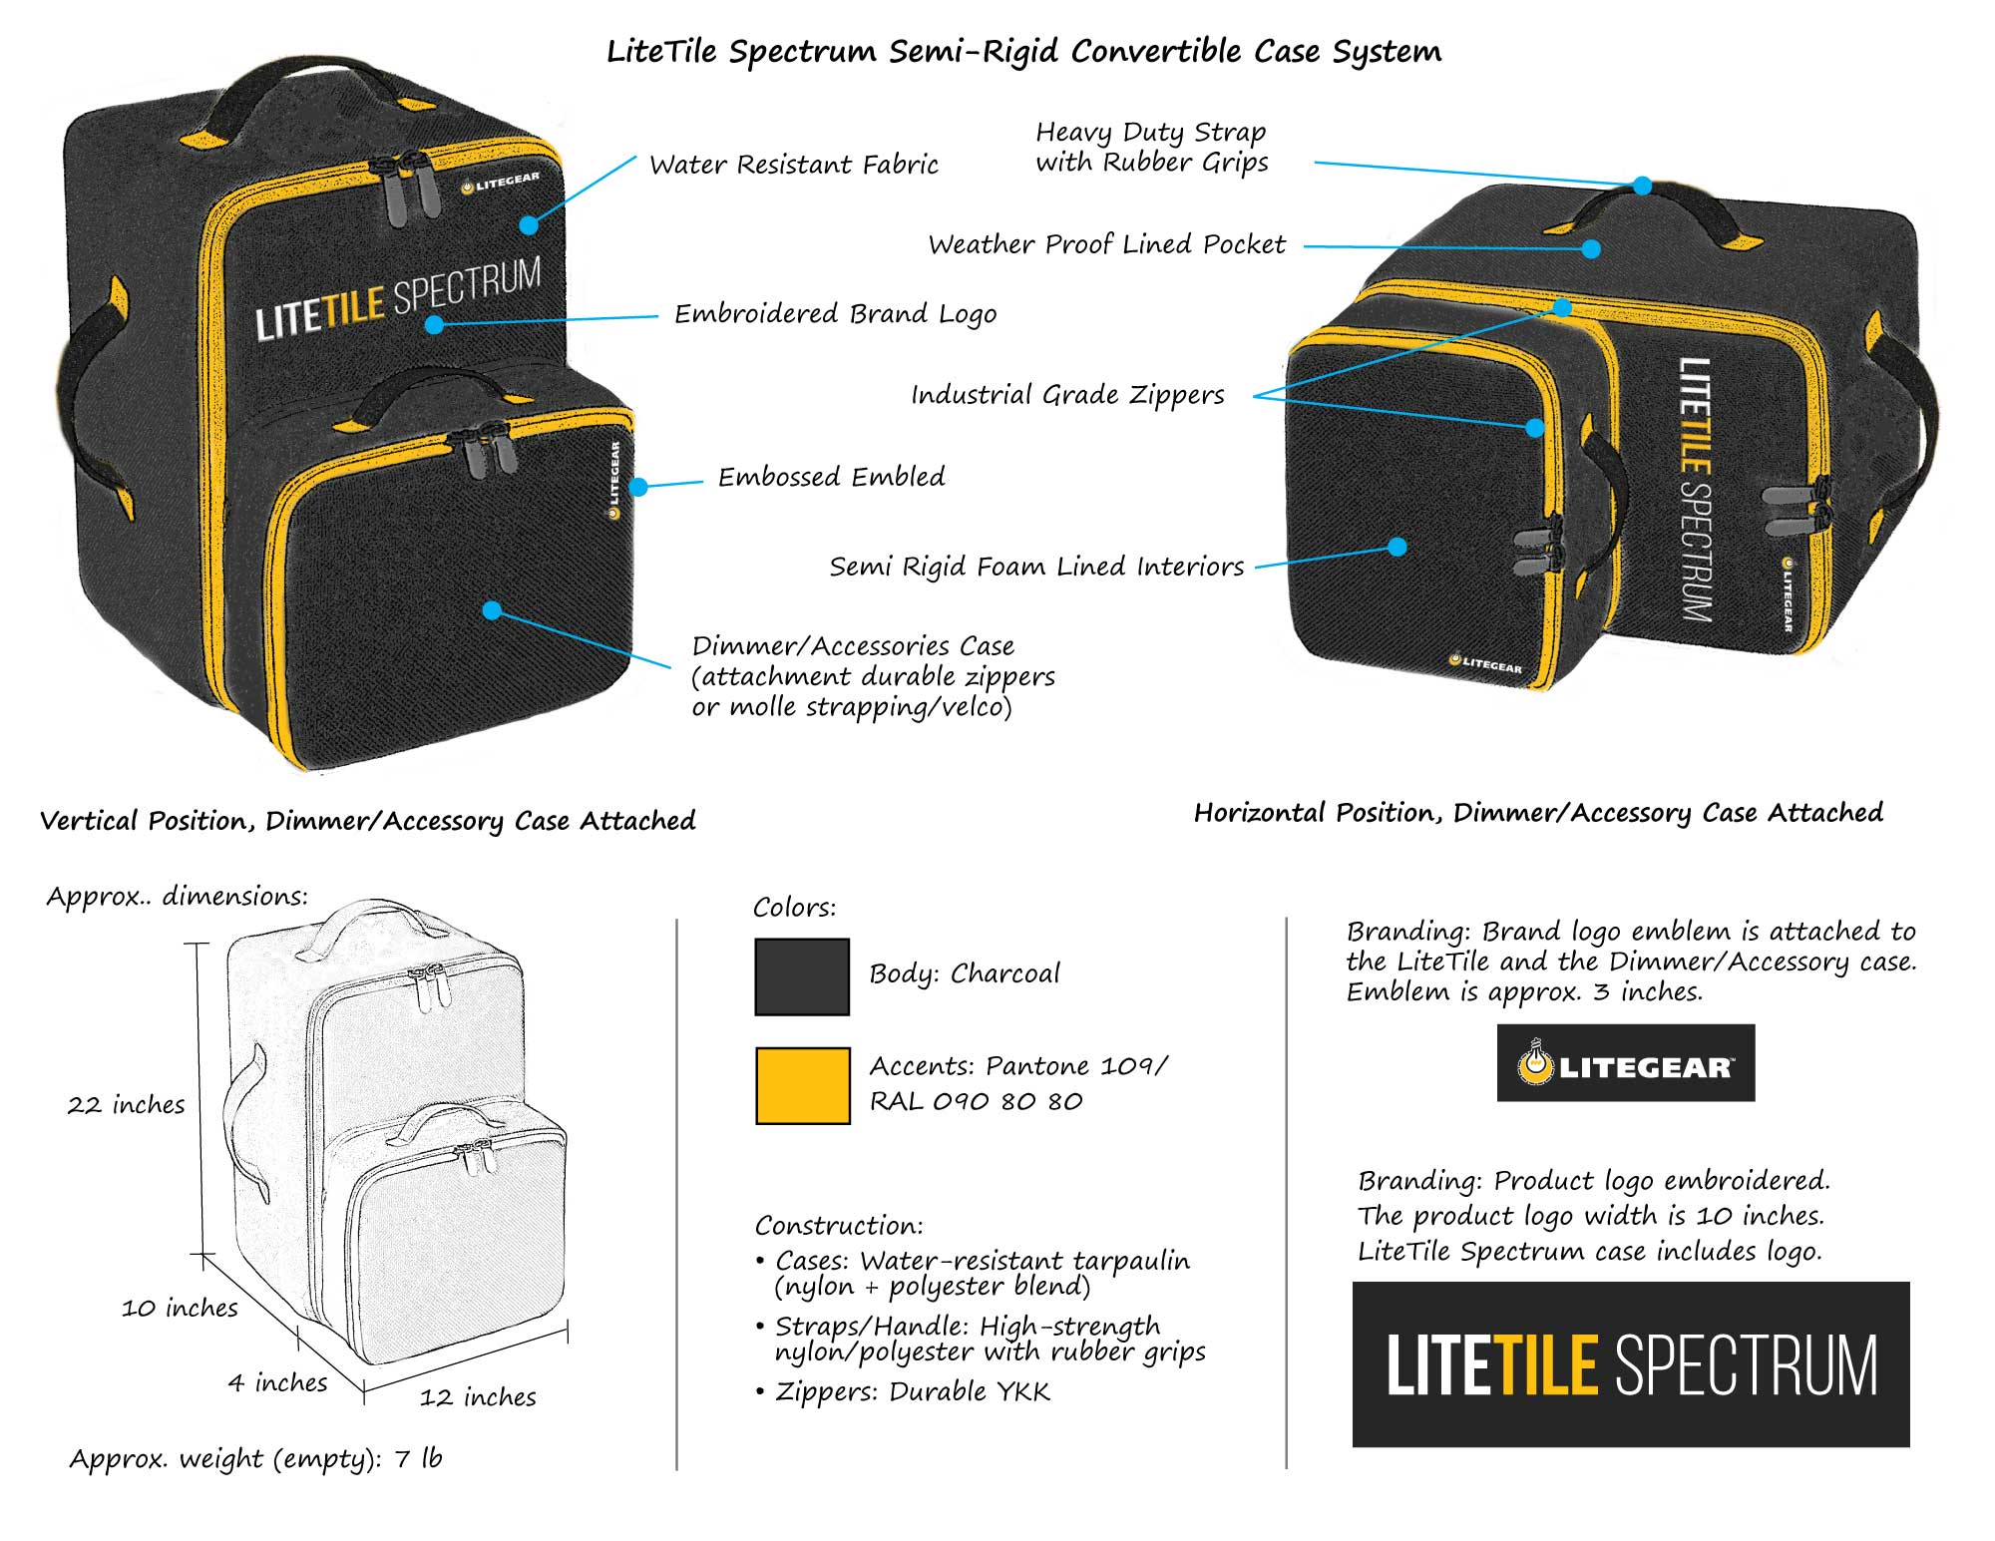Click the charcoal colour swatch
802,976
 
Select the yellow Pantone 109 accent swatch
802,1085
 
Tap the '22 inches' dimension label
127,1105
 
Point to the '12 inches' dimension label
478,1397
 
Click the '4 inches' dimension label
278,1382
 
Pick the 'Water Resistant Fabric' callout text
794,165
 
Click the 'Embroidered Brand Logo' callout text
836,314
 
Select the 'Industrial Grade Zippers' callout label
1067,395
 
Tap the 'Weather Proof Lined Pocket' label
1107,245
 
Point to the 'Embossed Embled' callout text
832,477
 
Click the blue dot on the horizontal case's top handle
1642,187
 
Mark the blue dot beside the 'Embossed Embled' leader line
639,487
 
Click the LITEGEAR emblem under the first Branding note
1625,1063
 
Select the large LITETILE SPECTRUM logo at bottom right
1630,1364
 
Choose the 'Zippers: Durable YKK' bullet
913,1392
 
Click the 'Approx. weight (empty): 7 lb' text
255,1459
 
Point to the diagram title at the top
1023,52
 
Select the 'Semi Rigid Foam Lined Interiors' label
1037,568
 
